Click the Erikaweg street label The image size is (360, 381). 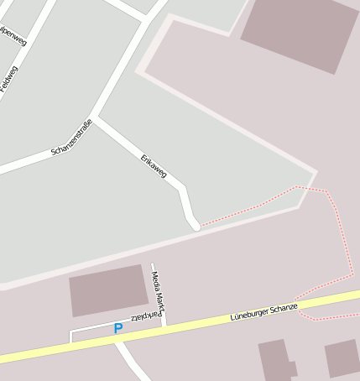pyautogui.click(x=154, y=165)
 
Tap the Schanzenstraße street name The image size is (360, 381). pyautogui.click(x=71, y=138)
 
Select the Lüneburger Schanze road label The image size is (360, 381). pyautogui.click(x=264, y=312)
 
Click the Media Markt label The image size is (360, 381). pyautogui.click(x=158, y=290)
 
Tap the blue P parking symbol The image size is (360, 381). pyautogui.click(x=118, y=329)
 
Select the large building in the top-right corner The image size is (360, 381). pyautogui.click(x=299, y=33)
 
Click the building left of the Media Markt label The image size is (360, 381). pyautogui.click(x=108, y=290)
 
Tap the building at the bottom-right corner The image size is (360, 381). pyautogui.click(x=342, y=358)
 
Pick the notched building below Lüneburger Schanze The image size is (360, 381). pyautogui.click(x=275, y=361)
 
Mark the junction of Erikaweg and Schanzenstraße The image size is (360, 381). pyautogui.click(x=94, y=118)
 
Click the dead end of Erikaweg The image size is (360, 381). pyautogui.click(x=196, y=225)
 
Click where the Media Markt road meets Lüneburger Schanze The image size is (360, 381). pyautogui.click(x=164, y=324)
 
